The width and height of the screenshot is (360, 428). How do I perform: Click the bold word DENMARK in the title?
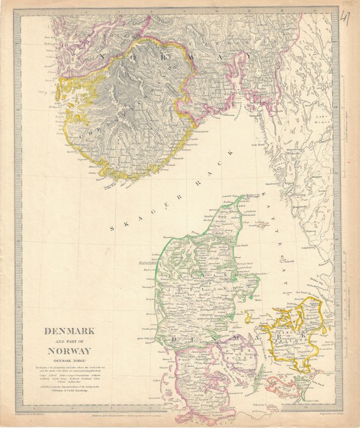click(68, 331)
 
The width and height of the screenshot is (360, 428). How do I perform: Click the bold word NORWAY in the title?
click(68, 351)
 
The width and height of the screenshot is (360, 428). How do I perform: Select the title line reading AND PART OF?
click(68, 341)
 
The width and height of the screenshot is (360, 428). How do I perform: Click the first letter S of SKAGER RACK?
click(112, 228)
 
